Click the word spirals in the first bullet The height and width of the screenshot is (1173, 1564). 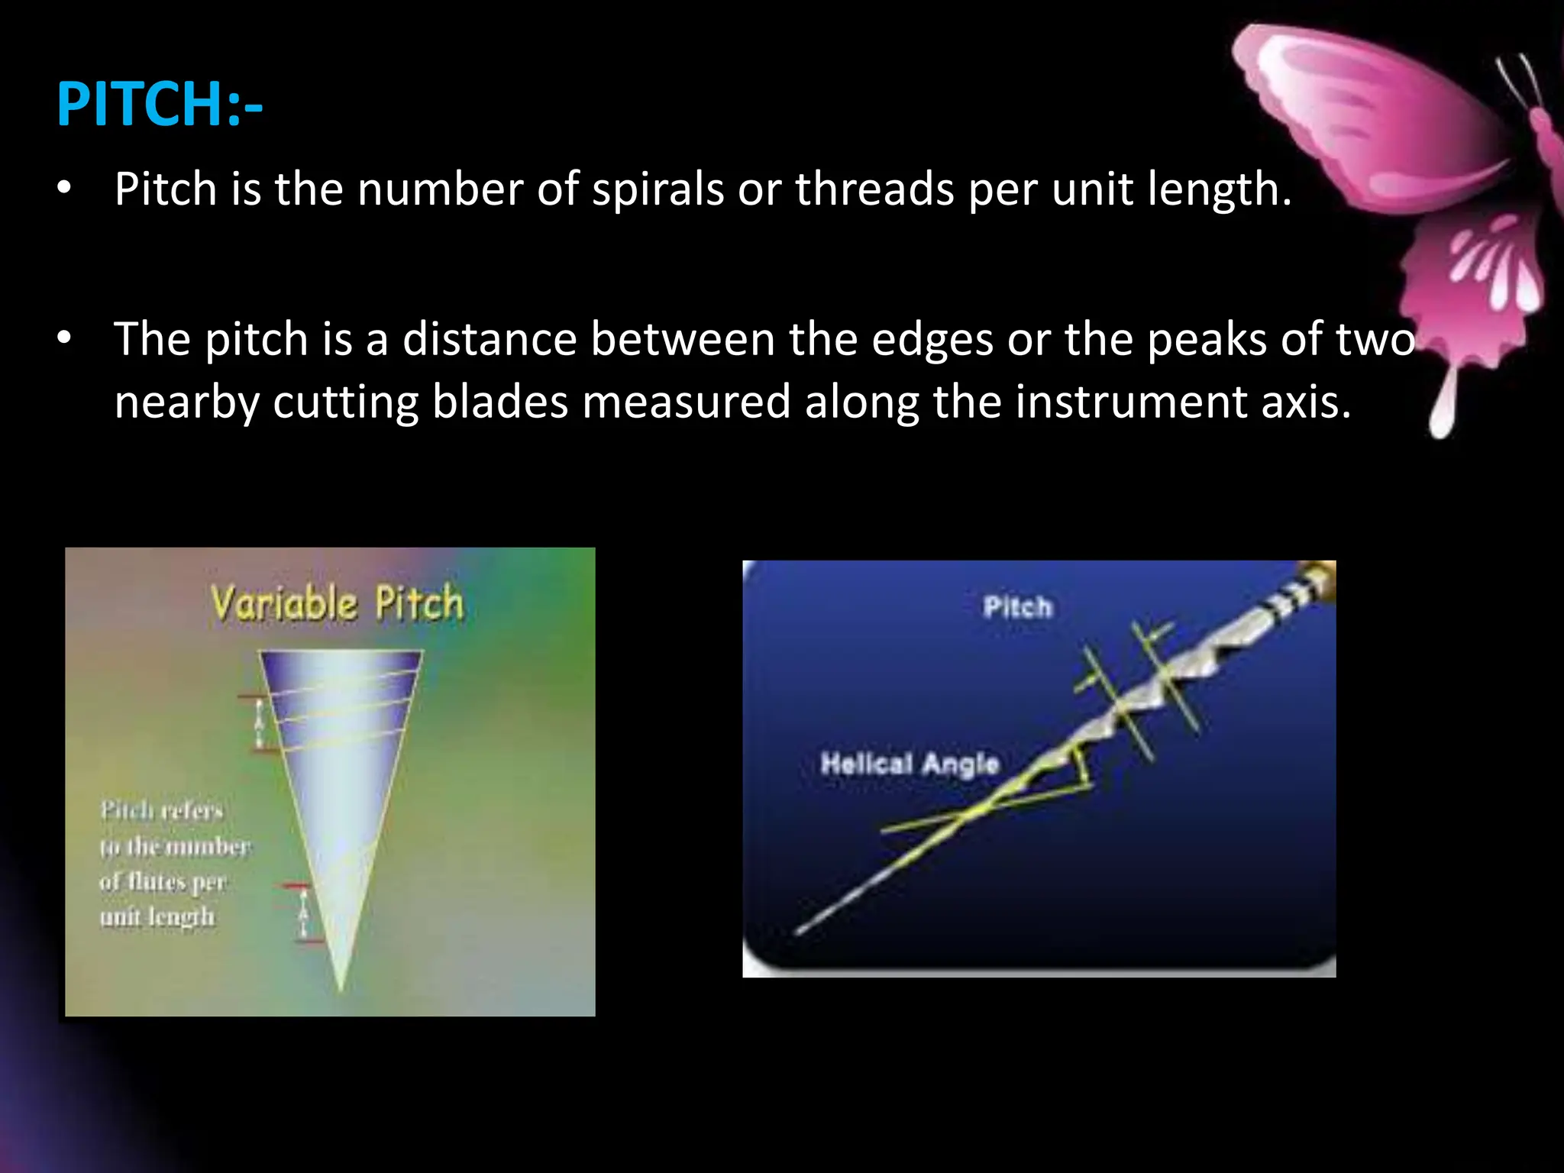[658, 189]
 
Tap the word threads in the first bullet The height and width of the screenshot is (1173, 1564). [874, 189]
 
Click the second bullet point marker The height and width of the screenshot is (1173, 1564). [64, 338]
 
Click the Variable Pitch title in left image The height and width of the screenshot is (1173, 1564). [337, 604]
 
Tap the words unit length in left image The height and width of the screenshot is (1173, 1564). [157, 916]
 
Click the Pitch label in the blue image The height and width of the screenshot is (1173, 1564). [1017, 608]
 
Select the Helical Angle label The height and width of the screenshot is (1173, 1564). [910, 763]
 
